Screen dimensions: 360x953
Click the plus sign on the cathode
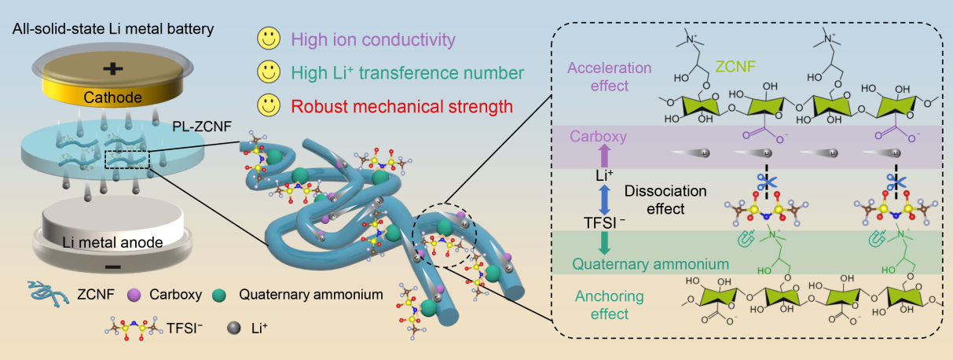coord(113,69)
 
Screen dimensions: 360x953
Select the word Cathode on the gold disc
coord(114,97)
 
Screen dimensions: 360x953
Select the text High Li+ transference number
coord(406,73)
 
